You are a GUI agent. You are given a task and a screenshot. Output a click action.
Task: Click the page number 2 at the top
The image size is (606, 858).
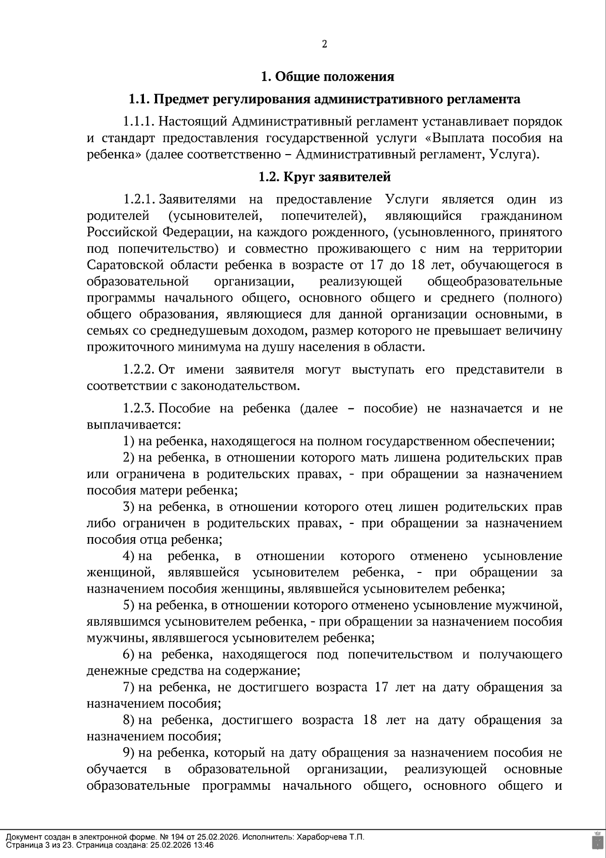coord(325,44)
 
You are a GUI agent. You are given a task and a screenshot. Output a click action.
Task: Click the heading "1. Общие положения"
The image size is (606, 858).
coord(327,77)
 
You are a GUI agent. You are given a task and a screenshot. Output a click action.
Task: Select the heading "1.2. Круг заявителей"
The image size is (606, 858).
coord(325,177)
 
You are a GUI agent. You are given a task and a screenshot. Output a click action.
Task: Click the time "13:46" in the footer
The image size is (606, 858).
coord(204,845)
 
